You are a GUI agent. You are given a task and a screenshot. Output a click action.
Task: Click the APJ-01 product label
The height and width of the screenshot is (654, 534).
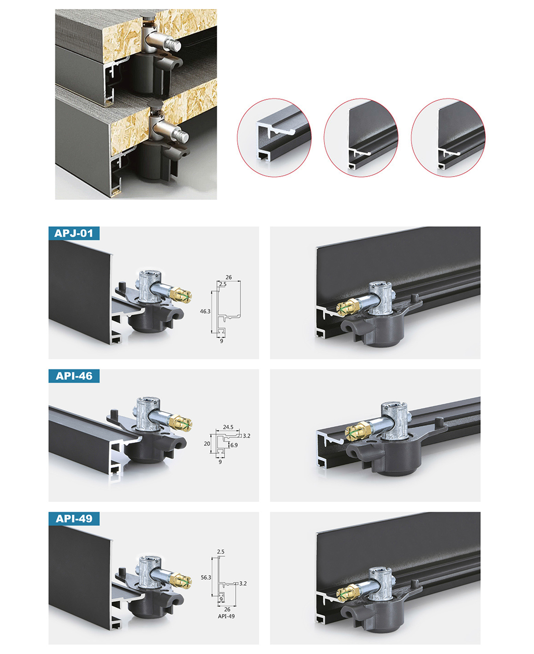pos(74,233)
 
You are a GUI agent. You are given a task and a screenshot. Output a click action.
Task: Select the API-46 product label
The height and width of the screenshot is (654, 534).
pos(74,376)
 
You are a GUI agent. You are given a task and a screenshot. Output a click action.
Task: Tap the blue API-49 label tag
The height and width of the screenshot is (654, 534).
pos(74,518)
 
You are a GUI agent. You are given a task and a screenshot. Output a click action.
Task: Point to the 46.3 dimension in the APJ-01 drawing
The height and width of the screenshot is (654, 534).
pos(205,311)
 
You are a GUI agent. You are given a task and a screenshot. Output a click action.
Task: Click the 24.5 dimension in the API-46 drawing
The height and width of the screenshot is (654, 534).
pos(228,427)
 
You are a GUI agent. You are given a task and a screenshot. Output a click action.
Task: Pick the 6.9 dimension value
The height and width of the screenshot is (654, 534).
pos(234,445)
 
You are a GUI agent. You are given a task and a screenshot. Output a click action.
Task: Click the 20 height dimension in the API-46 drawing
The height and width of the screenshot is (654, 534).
pos(207,444)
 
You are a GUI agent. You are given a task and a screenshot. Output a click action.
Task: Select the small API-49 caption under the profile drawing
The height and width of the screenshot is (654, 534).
pos(226,616)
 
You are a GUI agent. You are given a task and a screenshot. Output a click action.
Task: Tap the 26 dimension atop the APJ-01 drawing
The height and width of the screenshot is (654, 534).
pos(229,277)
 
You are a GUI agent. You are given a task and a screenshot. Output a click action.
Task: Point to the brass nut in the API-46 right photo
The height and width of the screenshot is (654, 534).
pos(358,431)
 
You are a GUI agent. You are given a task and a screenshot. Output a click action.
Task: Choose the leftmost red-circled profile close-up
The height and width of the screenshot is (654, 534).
pos(274,138)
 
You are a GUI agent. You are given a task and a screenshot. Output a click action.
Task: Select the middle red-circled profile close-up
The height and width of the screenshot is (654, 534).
pos(361,138)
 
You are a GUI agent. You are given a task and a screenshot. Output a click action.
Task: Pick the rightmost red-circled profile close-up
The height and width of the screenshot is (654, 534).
pos(448,138)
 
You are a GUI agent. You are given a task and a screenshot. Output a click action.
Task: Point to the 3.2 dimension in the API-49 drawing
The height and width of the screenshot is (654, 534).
pos(243,583)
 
